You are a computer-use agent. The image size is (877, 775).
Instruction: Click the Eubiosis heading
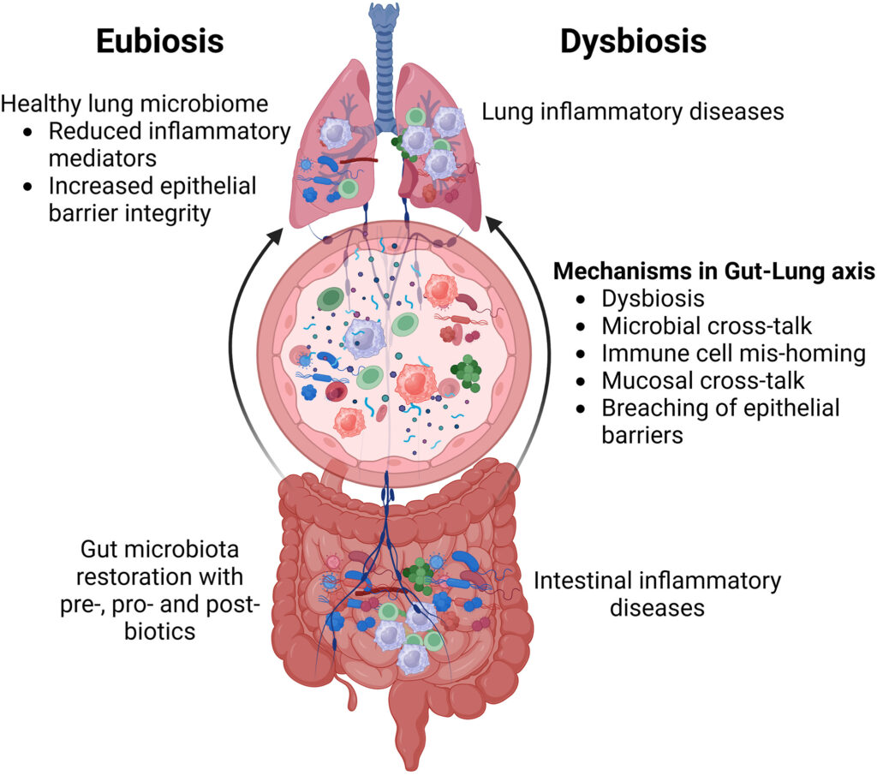[159, 40]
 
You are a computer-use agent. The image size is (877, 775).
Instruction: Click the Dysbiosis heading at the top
[633, 40]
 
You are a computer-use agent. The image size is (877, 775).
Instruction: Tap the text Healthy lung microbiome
[134, 105]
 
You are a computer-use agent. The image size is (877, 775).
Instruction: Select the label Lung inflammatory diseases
[633, 111]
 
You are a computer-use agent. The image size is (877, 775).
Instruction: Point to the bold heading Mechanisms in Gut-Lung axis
[713, 271]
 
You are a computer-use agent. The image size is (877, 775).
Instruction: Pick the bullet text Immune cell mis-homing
[733, 354]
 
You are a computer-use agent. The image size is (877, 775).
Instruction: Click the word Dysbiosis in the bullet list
[653, 299]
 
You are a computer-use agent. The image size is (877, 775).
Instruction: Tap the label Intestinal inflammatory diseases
[657, 593]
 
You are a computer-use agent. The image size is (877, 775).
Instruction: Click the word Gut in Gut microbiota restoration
[98, 549]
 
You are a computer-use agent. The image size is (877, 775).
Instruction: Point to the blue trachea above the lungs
[384, 34]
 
